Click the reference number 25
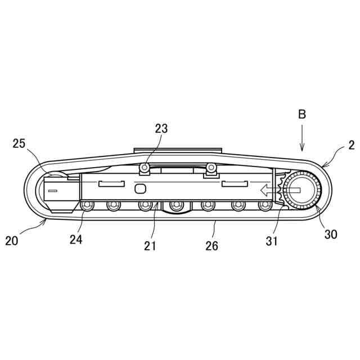pyautogui.click(x=19, y=144)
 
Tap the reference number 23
pyautogui.click(x=161, y=129)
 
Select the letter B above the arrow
pyautogui.click(x=302, y=114)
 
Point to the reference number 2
pyautogui.click(x=351, y=145)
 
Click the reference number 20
pyautogui.click(x=11, y=241)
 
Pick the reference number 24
pyautogui.click(x=76, y=240)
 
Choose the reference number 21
pyautogui.click(x=150, y=246)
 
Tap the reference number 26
pyautogui.click(x=211, y=246)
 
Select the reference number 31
pyautogui.click(x=272, y=241)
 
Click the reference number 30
pyautogui.click(x=331, y=234)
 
